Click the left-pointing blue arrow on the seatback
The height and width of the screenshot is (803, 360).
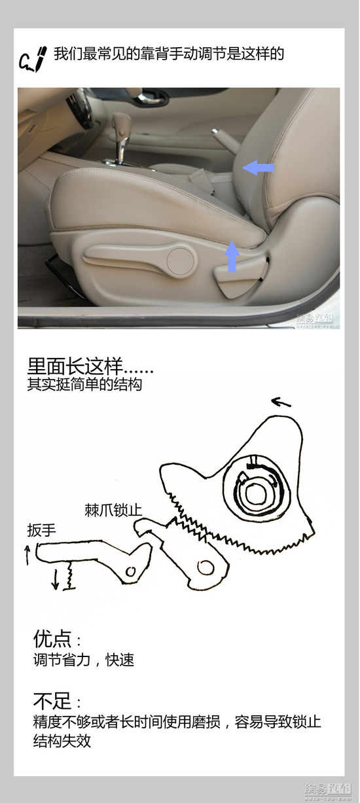pyautogui.click(x=258, y=168)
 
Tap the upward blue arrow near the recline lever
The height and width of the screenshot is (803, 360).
pyautogui.click(x=231, y=256)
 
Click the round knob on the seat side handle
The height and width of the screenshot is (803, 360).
pyautogui.click(x=181, y=260)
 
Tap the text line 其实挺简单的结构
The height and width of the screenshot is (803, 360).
pyautogui.click(x=84, y=384)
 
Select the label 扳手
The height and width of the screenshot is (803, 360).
pyautogui.click(x=42, y=529)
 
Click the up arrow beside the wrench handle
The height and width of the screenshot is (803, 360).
pyautogui.click(x=27, y=556)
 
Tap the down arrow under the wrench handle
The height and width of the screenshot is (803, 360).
pyautogui.click(x=55, y=578)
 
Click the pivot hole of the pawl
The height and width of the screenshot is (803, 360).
pyautogui.click(x=206, y=567)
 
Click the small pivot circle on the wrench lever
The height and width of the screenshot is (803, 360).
pyautogui.click(x=131, y=571)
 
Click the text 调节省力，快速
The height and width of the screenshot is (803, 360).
pyautogui.click(x=83, y=660)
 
